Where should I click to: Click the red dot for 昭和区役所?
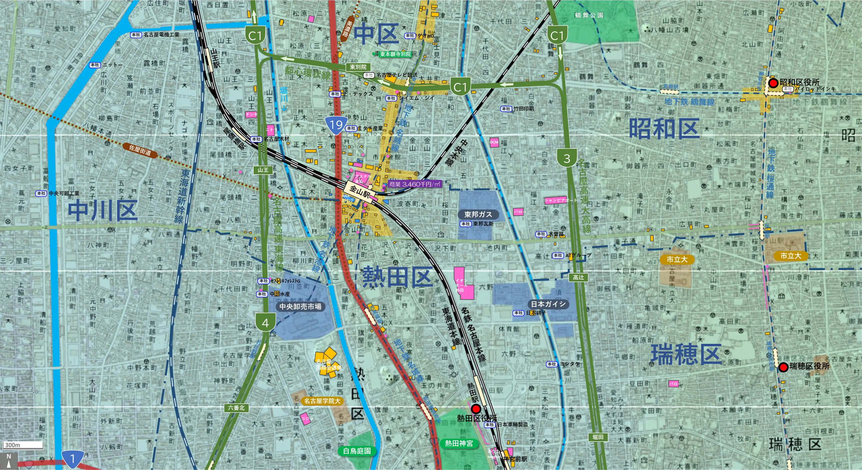773,83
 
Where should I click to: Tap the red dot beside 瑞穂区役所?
783,367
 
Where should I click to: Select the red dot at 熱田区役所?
475,409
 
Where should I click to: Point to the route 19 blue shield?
336,125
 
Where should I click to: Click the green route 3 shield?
566,158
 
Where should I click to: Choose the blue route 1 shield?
72,459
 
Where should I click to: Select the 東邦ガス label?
478,214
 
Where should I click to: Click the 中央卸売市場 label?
300,306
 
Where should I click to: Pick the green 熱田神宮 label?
459,443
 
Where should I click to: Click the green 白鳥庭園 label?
357,451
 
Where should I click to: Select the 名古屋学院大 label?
322,401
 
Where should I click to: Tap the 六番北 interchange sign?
236,408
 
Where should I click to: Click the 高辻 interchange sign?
578,277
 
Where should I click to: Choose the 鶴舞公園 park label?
589,15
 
